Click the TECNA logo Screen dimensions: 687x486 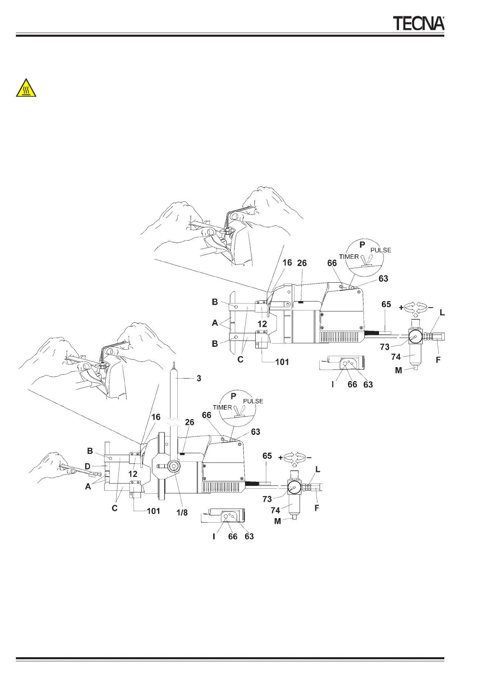[x=419, y=23]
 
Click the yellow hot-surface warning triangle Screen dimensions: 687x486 [x=26, y=88]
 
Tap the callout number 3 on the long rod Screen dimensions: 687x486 [x=199, y=378]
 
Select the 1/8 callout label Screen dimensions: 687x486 [x=182, y=513]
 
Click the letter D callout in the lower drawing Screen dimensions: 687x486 [x=87, y=466]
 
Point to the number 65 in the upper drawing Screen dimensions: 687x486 [x=386, y=304]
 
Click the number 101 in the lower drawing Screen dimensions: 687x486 [x=153, y=511]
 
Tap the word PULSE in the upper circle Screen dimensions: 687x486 [x=381, y=250]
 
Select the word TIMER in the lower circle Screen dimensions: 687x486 [x=222, y=407]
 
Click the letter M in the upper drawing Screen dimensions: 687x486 [x=399, y=370]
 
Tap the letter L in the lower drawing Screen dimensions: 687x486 [x=318, y=470]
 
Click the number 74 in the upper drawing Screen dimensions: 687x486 [x=396, y=357]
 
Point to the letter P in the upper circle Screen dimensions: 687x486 [x=362, y=245]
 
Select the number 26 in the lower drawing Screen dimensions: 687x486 [x=189, y=422]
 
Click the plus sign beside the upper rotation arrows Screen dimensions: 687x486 [x=401, y=308]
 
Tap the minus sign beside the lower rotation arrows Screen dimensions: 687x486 [x=309, y=458]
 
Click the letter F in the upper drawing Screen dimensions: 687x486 [x=438, y=360]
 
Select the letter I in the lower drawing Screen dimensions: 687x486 [x=214, y=536]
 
